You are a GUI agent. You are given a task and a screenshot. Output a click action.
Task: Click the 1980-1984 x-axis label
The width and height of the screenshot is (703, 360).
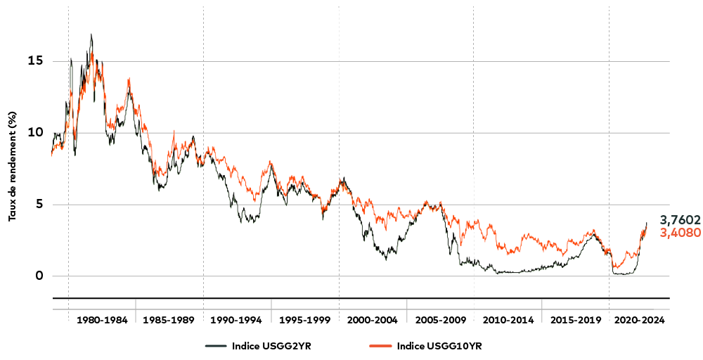(102, 320)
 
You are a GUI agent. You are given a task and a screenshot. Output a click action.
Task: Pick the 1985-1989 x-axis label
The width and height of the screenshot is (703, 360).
(169, 320)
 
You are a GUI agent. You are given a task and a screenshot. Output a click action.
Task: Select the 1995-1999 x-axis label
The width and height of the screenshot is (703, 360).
(304, 320)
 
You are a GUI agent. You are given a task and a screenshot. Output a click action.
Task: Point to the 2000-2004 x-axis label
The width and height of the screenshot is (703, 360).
(373, 320)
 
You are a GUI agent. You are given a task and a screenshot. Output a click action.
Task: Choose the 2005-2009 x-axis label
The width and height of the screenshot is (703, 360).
(441, 320)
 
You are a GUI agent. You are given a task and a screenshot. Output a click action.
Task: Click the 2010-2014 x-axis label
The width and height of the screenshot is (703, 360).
(508, 320)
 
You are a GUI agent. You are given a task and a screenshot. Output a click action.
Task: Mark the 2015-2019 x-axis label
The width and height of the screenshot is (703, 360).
(576, 320)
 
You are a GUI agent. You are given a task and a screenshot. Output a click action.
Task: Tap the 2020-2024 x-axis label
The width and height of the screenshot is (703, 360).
(639, 320)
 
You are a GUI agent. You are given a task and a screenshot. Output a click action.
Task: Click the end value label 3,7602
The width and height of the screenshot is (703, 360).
(680, 220)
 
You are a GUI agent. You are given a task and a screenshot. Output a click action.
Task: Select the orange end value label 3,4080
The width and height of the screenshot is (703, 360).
(680, 233)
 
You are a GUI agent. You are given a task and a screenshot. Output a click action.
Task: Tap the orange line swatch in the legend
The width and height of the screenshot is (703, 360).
(381, 346)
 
